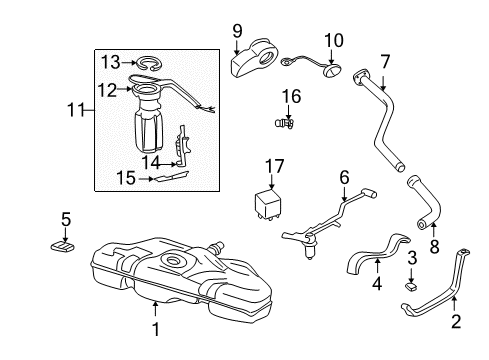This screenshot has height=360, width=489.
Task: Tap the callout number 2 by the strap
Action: (455, 323)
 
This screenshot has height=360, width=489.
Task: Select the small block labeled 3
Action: (410, 286)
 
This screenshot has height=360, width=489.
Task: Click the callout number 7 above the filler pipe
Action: (383, 60)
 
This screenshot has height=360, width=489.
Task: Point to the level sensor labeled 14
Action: (181, 145)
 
